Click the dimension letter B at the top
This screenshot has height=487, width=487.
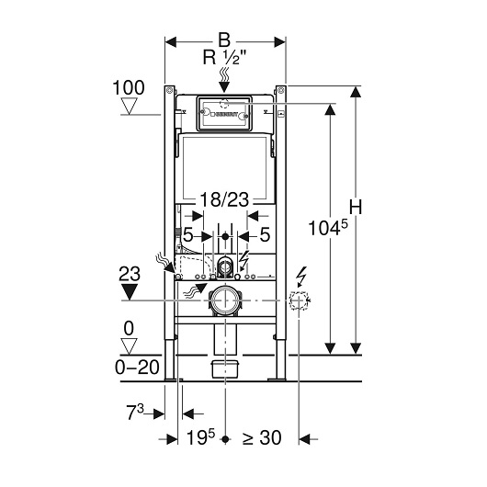pos(224,40)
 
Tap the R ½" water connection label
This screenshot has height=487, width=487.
pos(224,58)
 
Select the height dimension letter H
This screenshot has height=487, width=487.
pos(356,207)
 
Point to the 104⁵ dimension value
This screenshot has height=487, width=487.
pos(328,228)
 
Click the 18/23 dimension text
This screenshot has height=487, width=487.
pos(224,199)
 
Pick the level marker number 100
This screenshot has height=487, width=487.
pos(129,87)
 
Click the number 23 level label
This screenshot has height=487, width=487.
pos(130,274)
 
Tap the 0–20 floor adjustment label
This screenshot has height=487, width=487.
pos(137,368)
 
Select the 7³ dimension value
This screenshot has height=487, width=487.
pos(135,413)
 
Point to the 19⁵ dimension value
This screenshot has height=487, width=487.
pos(200,437)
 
